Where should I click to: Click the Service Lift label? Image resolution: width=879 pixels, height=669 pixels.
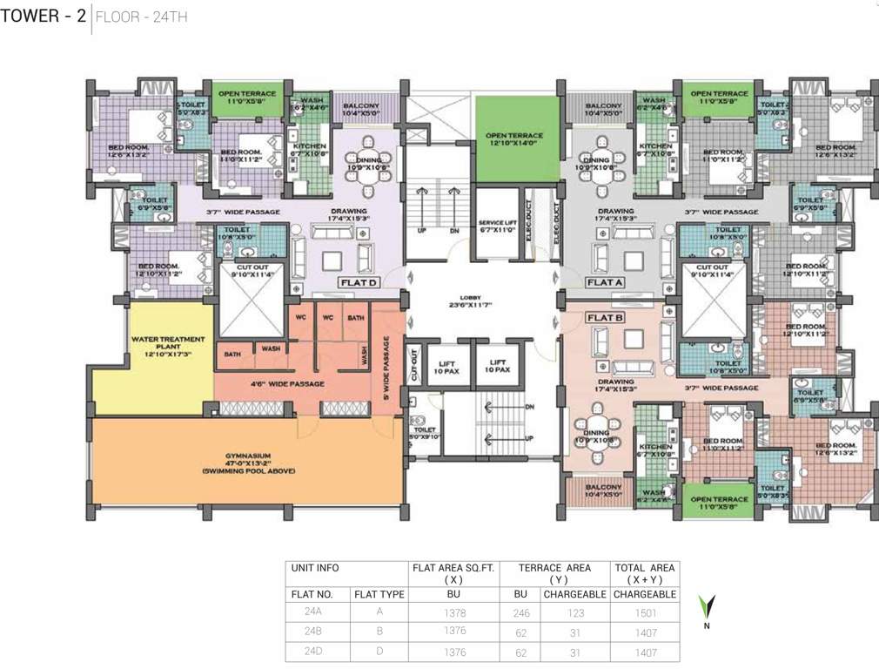[498, 226]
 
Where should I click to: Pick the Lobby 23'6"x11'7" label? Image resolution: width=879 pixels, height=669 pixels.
[481, 301]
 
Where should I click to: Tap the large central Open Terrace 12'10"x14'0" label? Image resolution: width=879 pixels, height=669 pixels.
[516, 140]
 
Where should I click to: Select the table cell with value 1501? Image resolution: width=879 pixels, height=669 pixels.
[645, 612]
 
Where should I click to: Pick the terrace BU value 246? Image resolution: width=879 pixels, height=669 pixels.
[521, 612]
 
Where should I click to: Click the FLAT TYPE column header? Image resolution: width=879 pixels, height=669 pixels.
[379, 593]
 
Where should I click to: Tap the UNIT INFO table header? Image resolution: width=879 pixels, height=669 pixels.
[314, 567]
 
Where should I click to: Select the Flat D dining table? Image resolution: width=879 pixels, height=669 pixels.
[359, 171]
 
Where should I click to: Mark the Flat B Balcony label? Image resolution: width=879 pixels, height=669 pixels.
[602, 490]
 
